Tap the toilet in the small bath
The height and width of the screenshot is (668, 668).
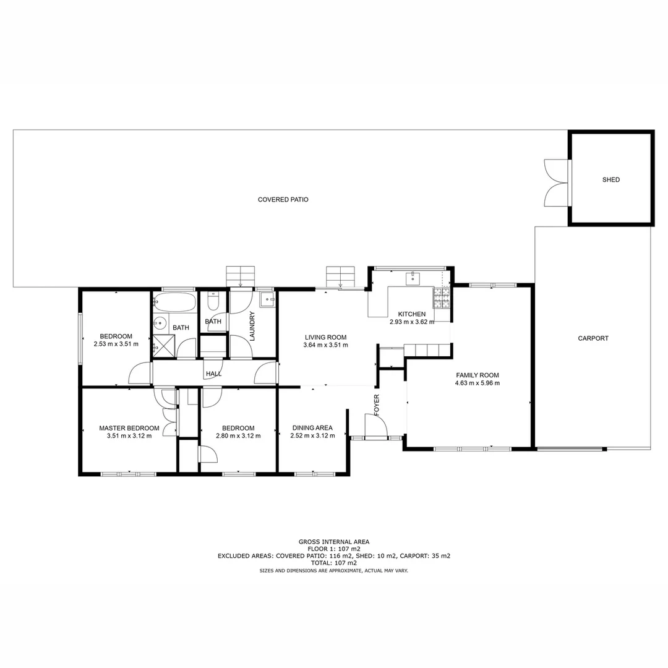[213, 302]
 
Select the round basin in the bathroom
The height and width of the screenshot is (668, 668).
[161, 323]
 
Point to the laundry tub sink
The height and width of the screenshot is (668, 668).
[267, 300]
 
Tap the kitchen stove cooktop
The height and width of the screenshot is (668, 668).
[442, 298]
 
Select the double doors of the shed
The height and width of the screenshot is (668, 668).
[555, 182]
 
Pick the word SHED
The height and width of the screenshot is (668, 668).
[610, 180]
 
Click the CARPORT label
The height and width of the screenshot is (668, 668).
[593, 338]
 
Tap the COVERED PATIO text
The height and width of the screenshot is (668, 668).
[283, 200]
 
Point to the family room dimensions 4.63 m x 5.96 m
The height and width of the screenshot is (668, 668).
[477, 383]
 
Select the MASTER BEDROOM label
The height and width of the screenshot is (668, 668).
[129, 428]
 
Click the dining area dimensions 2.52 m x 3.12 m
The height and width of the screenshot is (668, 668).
[312, 435]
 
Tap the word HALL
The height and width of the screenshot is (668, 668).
[213, 374]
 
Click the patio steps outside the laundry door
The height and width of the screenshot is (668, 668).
[240, 275]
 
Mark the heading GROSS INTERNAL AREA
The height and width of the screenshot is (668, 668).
[333, 542]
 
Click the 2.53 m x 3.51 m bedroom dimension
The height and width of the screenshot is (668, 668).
[116, 344]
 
